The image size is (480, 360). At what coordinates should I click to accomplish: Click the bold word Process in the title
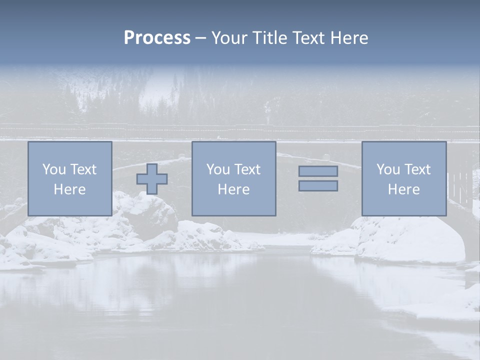pos(157,38)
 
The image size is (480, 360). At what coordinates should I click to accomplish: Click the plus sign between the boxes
pos(152,179)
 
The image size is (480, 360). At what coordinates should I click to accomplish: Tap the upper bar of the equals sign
pos(318,171)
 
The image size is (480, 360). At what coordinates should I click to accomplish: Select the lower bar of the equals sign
pos(318,186)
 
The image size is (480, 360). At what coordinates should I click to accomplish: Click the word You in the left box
pos(54,169)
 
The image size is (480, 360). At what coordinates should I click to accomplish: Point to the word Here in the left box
pos(69,189)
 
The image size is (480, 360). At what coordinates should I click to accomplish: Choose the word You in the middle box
pos(218,169)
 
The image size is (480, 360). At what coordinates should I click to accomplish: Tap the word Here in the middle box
pos(233,189)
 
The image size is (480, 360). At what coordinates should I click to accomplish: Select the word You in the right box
pos(388,169)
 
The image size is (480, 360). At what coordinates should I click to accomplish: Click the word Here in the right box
pos(403,189)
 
